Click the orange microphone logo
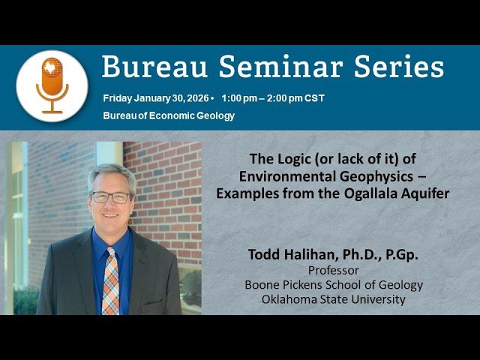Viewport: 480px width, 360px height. point(52,85)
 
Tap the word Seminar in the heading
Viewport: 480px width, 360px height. point(268,67)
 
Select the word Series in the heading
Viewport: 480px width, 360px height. point(397,67)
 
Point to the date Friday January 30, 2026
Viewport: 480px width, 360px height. point(157,98)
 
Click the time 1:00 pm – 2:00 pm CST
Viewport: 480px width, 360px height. point(273,98)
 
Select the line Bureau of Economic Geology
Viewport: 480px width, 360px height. point(168,115)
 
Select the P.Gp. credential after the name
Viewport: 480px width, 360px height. point(399,255)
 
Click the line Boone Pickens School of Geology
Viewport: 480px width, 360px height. point(334,285)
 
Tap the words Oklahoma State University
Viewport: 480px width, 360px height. point(334,299)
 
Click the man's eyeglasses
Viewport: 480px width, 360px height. point(111,197)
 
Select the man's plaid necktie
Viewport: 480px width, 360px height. point(111,277)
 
